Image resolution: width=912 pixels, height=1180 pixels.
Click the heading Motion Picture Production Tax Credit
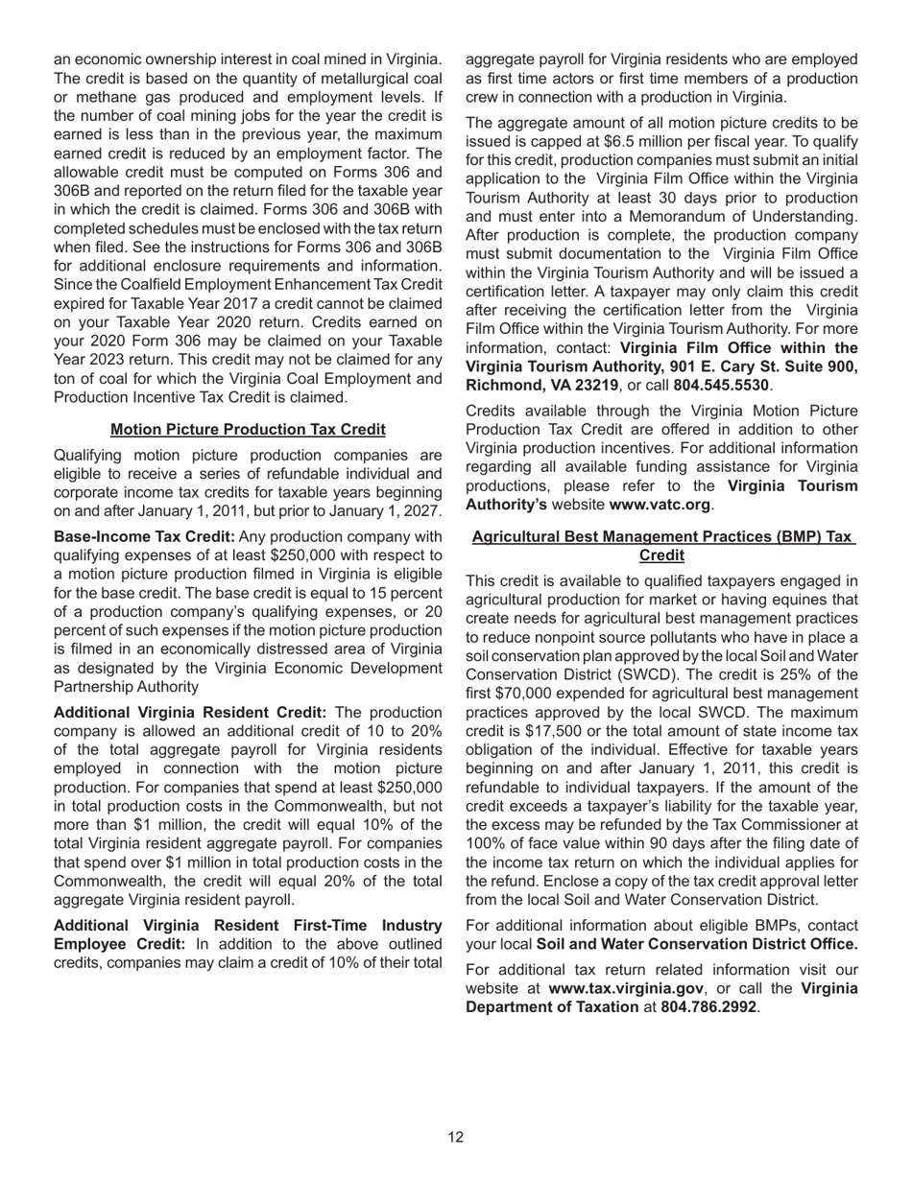[x=248, y=429]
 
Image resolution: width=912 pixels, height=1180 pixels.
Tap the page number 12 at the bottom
[x=455, y=1137]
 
